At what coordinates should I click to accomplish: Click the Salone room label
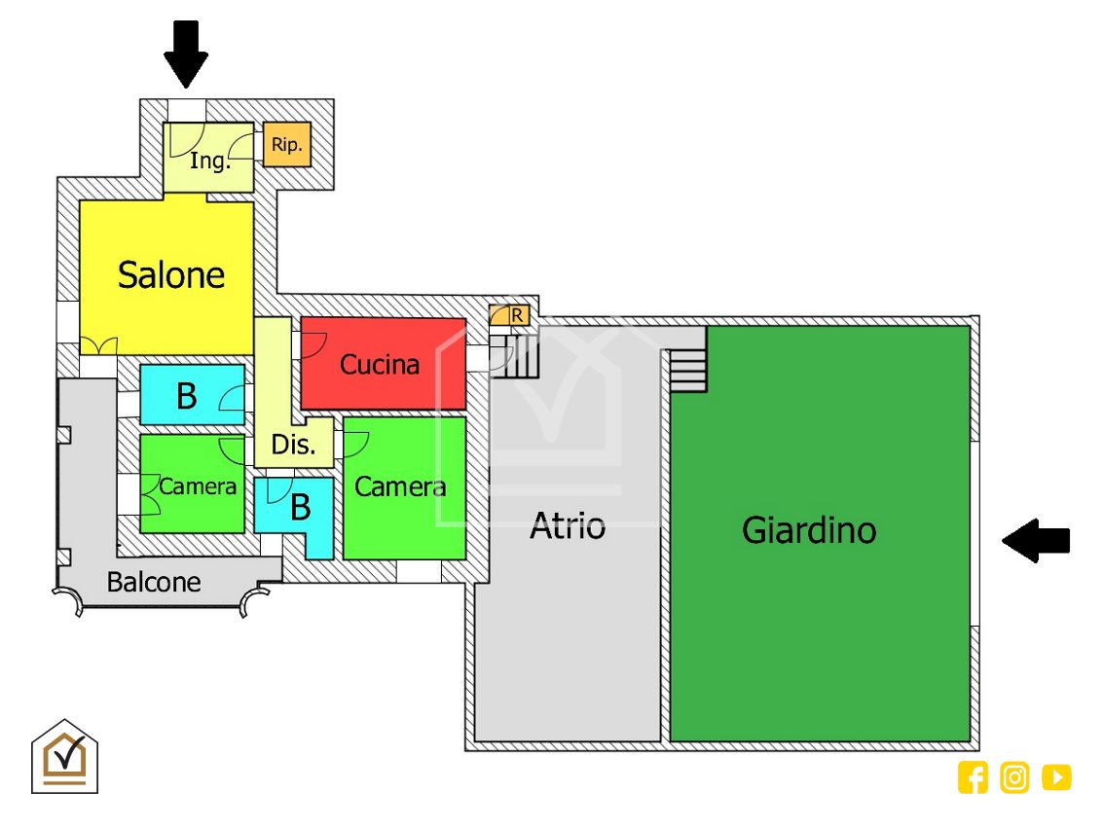click(171, 275)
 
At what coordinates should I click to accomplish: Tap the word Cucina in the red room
click(380, 365)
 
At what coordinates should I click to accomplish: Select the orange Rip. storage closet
click(287, 145)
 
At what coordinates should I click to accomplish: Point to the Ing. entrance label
click(209, 161)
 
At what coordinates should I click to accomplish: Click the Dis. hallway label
click(293, 446)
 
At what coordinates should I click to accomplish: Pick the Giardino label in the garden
click(809, 530)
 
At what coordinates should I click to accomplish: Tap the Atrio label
click(568, 526)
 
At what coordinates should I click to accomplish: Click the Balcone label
click(154, 583)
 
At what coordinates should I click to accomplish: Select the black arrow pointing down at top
click(186, 54)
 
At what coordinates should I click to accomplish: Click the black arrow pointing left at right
click(1036, 540)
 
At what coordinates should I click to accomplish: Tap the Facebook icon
click(973, 777)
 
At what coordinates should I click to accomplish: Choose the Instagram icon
click(1014, 777)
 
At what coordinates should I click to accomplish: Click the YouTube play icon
click(1056, 777)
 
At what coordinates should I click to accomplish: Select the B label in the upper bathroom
click(186, 396)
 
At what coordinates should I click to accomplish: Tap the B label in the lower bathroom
click(301, 507)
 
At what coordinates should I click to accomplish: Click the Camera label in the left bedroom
click(198, 485)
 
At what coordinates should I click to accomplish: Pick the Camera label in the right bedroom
click(400, 486)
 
